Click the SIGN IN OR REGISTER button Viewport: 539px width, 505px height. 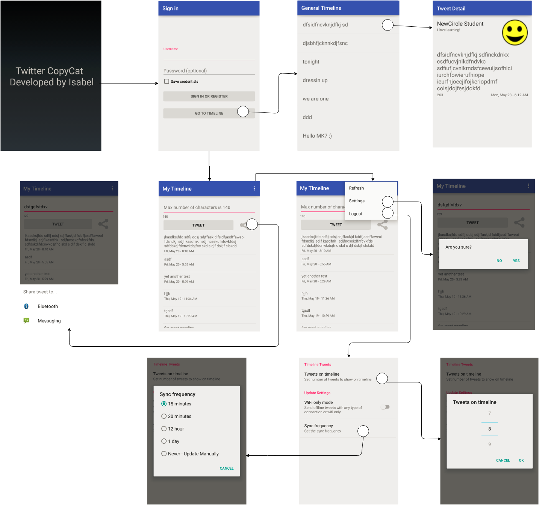209,96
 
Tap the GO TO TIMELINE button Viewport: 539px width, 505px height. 209,113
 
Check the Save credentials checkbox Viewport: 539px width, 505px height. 167,81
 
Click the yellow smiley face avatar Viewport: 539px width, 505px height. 515,33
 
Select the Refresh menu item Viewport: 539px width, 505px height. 356,188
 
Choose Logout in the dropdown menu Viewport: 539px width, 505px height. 356,214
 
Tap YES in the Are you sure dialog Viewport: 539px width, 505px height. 516,261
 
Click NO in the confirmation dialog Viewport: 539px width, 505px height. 499,261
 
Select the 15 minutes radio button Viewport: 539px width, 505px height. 164,404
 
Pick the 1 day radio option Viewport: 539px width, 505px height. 164,441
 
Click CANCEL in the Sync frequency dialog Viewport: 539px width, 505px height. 227,468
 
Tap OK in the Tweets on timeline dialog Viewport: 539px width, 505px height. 521,460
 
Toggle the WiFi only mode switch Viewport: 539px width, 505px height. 385,407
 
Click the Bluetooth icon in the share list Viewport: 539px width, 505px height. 26,306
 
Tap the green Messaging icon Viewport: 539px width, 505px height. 26,320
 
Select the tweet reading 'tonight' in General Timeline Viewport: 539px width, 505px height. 311,62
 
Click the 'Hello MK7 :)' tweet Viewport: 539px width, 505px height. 317,136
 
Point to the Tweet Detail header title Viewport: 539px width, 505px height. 451,8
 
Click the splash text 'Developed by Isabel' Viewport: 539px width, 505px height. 51,82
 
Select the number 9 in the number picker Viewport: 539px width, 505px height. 489,444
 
